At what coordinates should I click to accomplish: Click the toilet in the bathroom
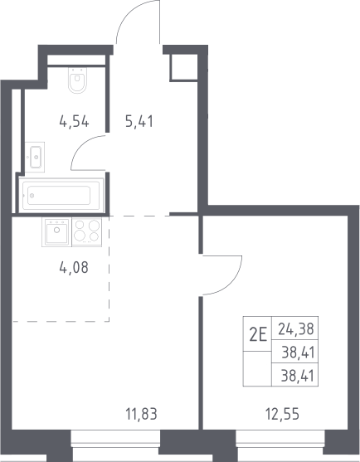pyautogui.click(x=78, y=80)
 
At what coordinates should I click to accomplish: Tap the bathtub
pyautogui.click(x=61, y=195)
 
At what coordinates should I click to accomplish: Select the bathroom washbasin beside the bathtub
pyautogui.click(x=35, y=157)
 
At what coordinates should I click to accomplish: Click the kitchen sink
pyautogui.click(x=57, y=231)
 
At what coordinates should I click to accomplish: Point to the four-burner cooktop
pyautogui.click(x=87, y=231)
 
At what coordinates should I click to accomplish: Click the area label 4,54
pyautogui.click(x=74, y=121)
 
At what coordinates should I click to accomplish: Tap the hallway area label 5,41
pyautogui.click(x=139, y=121)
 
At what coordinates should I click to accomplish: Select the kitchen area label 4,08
pyautogui.click(x=74, y=268)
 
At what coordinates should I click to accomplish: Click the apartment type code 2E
pyautogui.click(x=258, y=335)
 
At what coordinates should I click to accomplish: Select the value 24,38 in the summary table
pyautogui.click(x=296, y=328)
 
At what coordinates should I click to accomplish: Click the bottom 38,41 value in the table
pyautogui.click(x=298, y=376)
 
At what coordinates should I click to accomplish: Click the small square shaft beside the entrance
pyautogui.click(x=183, y=67)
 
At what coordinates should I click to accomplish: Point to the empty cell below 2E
pyautogui.click(x=257, y=368)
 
